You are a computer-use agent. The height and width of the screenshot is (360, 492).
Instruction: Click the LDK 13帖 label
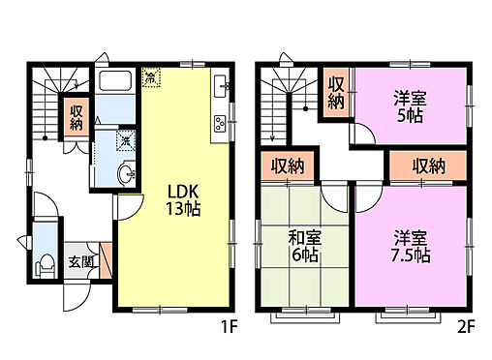point(175,198)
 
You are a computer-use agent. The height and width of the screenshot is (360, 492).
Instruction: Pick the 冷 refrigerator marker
point(152,75)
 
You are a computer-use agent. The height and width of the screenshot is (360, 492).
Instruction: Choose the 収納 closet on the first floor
point(77,118)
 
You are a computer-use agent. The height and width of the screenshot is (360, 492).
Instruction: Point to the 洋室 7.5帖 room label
point(411,247)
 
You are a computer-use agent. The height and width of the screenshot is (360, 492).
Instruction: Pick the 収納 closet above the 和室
point(288,165)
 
